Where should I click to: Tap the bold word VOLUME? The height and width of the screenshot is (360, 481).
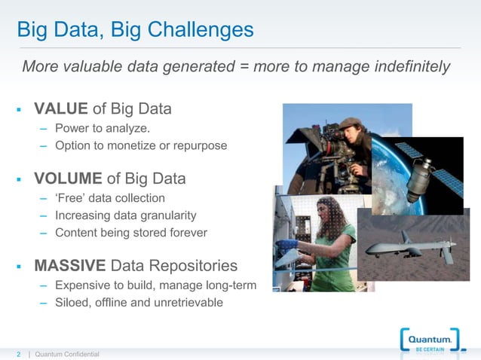pyautogui.click(x=69, y=179)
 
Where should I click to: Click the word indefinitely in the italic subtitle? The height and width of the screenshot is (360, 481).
pyautogui.click(x=411, y=67)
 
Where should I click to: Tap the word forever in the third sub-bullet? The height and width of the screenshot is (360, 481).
pyautogui.click(x=186, y=233)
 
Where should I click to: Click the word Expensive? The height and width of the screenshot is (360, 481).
pyautogui.click(x=84, y=285)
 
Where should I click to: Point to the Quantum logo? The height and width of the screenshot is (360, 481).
pyautogui.click(x=430, y=342)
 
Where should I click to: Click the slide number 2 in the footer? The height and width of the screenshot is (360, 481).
pyautogui.click(x=20, y=354)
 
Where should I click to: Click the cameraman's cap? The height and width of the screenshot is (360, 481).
pyautogui.click(x=350, y=123)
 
